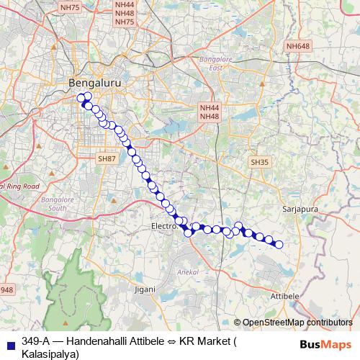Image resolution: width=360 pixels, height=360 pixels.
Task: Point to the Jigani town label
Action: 145,289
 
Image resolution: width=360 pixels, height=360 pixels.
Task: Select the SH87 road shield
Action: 107,158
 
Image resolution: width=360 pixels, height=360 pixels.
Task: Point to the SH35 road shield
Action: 259,163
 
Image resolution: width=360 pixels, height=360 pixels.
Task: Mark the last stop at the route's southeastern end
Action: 279,245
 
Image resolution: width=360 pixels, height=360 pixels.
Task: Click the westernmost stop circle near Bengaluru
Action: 81,99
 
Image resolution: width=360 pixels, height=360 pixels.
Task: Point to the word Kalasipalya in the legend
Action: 48,354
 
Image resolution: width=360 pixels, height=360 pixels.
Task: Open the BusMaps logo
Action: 325,345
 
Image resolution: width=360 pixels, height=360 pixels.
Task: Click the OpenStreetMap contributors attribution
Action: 297,323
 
